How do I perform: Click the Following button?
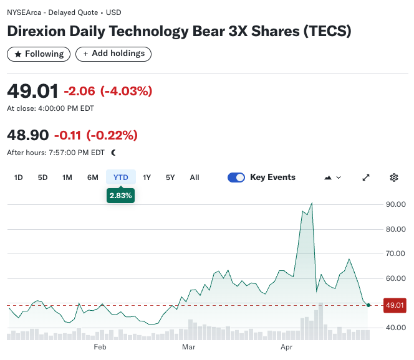(38, 54)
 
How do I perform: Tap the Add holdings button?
(113, 54)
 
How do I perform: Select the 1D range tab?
(19, 178)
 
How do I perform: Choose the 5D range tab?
(42, 178)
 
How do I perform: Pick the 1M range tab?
(67, 178)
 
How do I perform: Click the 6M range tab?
(93, 178)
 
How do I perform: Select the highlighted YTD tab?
(121, 178)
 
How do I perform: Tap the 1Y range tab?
(147, 178)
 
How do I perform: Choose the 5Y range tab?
(170, 178)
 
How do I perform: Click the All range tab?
(195, 178)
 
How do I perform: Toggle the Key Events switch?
(236, 178)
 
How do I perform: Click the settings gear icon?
(394, 178)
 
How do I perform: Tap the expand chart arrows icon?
(366, 178)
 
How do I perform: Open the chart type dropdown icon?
(333, 178)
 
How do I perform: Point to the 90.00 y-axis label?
(396, 204)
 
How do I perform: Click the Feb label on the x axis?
(100, 347)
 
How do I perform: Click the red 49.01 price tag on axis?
(395, 305)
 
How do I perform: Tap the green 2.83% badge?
(121, 196)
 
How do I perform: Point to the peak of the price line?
(311, 203)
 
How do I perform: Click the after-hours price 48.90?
(28, 135)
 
